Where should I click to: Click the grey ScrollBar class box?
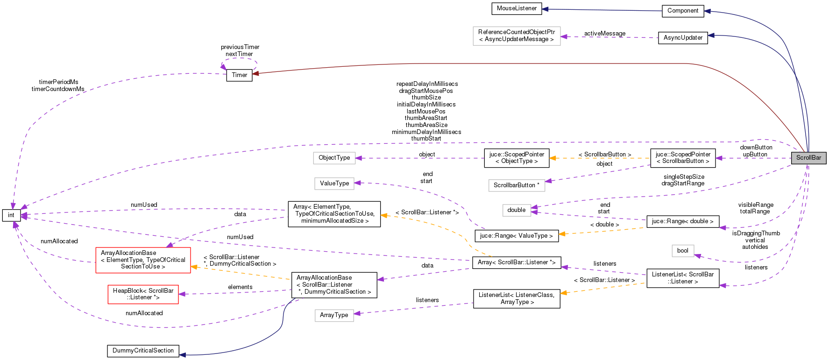(808, 158)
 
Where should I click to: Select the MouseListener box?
(517, 8)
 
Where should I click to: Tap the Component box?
(682, 11)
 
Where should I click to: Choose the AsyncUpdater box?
(682, 38)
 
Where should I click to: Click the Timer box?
(239, 75)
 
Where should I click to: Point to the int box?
(11, 215)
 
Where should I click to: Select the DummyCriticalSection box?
(143, 351)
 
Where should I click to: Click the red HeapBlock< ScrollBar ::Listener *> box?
(143, 294)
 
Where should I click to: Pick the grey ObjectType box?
(334, 158)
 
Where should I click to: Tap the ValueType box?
(334, 184)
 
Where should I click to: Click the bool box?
(682, 251)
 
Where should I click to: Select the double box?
(516, 210)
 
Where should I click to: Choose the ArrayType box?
(334, 315)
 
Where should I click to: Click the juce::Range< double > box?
(682, 221)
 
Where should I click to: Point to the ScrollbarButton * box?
(516, 185)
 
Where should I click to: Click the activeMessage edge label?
(604, 34)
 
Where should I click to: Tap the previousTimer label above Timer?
(240, 47)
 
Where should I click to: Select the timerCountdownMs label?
(58, 89)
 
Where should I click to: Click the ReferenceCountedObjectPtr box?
(516, 36)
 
